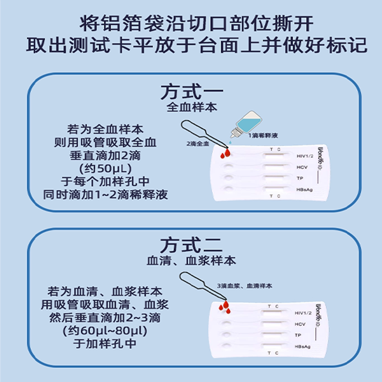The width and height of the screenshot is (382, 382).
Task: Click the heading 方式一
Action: pos(191,90)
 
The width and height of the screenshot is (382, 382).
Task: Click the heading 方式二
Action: pos(191,245)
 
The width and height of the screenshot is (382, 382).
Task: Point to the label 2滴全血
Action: pos(198,143)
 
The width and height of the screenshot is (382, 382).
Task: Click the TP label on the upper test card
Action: pos(299,178)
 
